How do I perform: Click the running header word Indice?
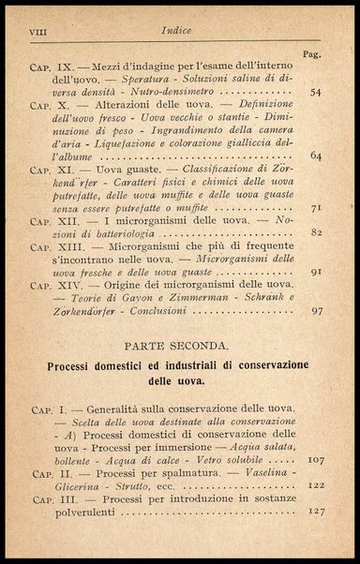coord(180,29)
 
